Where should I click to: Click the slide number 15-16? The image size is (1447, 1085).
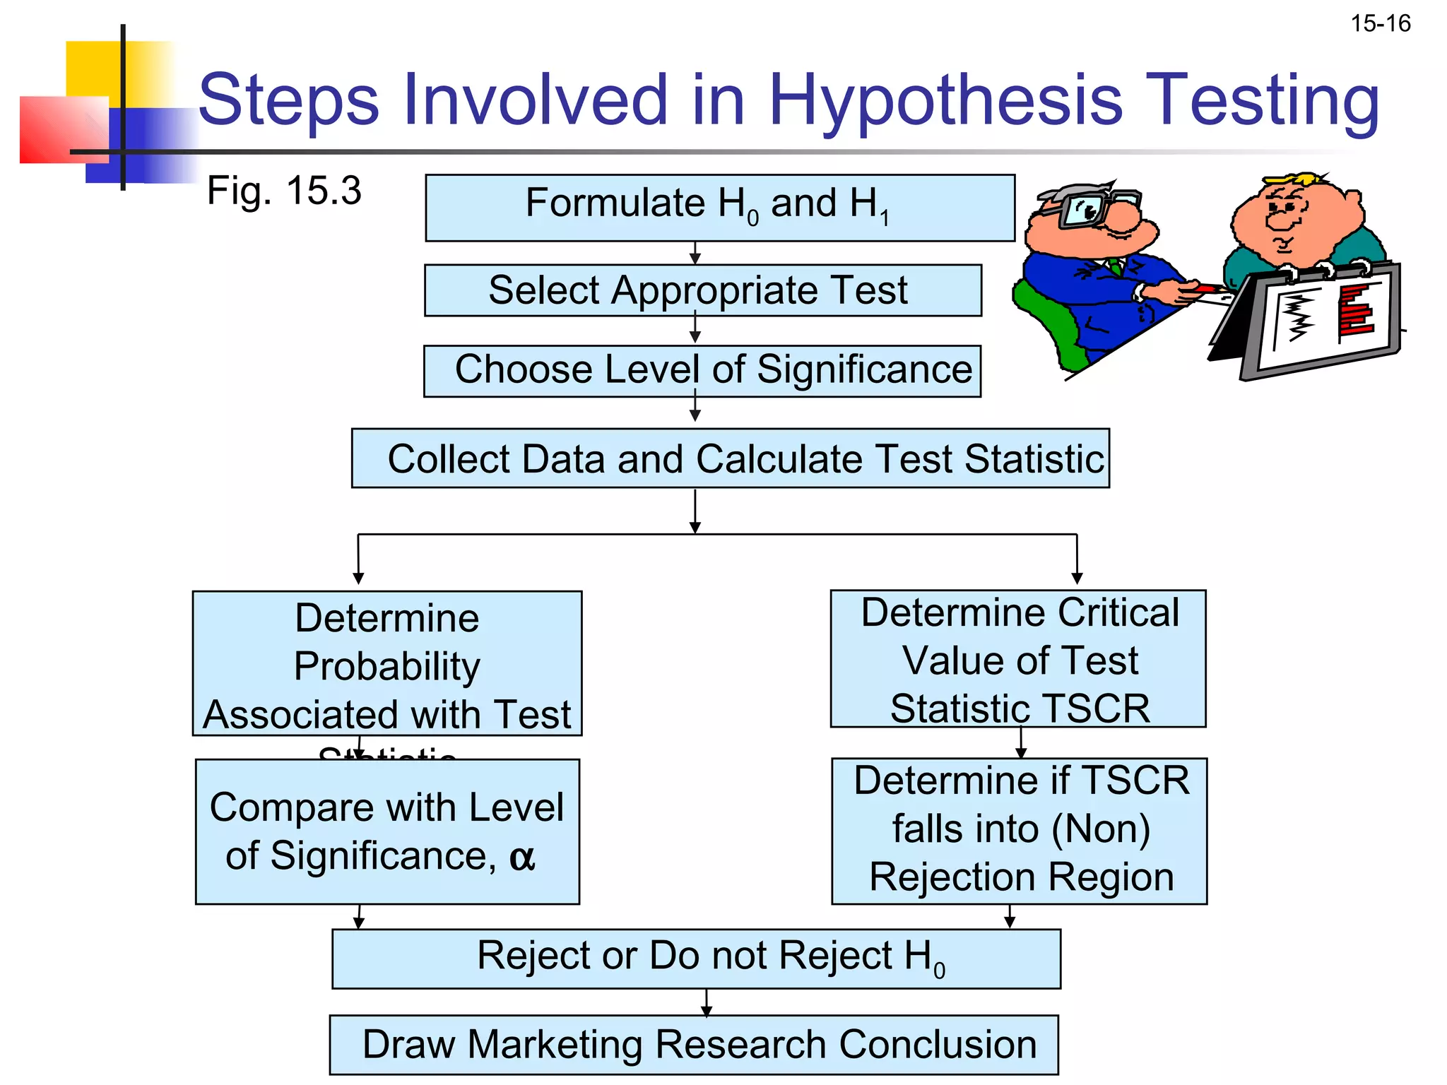click(x=1380, y=24)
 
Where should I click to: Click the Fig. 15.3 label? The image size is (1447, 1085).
click(x=283, y=191)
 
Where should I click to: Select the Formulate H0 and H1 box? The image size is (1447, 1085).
click(x=719, y=208)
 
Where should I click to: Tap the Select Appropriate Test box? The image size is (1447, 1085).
click(x=702, y=290)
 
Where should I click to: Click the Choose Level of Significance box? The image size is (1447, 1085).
click(x=702, y=371)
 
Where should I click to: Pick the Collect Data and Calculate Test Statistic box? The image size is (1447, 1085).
click(x=730, y=458)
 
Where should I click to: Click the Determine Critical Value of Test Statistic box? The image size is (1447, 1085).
click(x=1018, y=659)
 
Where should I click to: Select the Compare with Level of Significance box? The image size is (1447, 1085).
click(x=387, y=831)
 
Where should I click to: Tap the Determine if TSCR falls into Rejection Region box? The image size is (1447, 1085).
click(x=1019, y=831)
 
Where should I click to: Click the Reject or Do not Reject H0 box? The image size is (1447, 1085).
click(x=696, y=959)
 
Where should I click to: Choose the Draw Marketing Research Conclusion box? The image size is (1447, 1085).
click(x=694, y=1045)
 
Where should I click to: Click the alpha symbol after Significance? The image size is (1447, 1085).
click(x=521, y=857)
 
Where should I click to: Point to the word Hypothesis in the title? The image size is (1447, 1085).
click(x=945, y=100)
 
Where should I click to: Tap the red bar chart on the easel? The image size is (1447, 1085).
click(x=1355, y=311)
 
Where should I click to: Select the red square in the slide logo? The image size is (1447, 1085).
click(x=64, y=130)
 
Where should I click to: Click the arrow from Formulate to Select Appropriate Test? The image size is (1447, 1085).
click(x=695, y=253)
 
